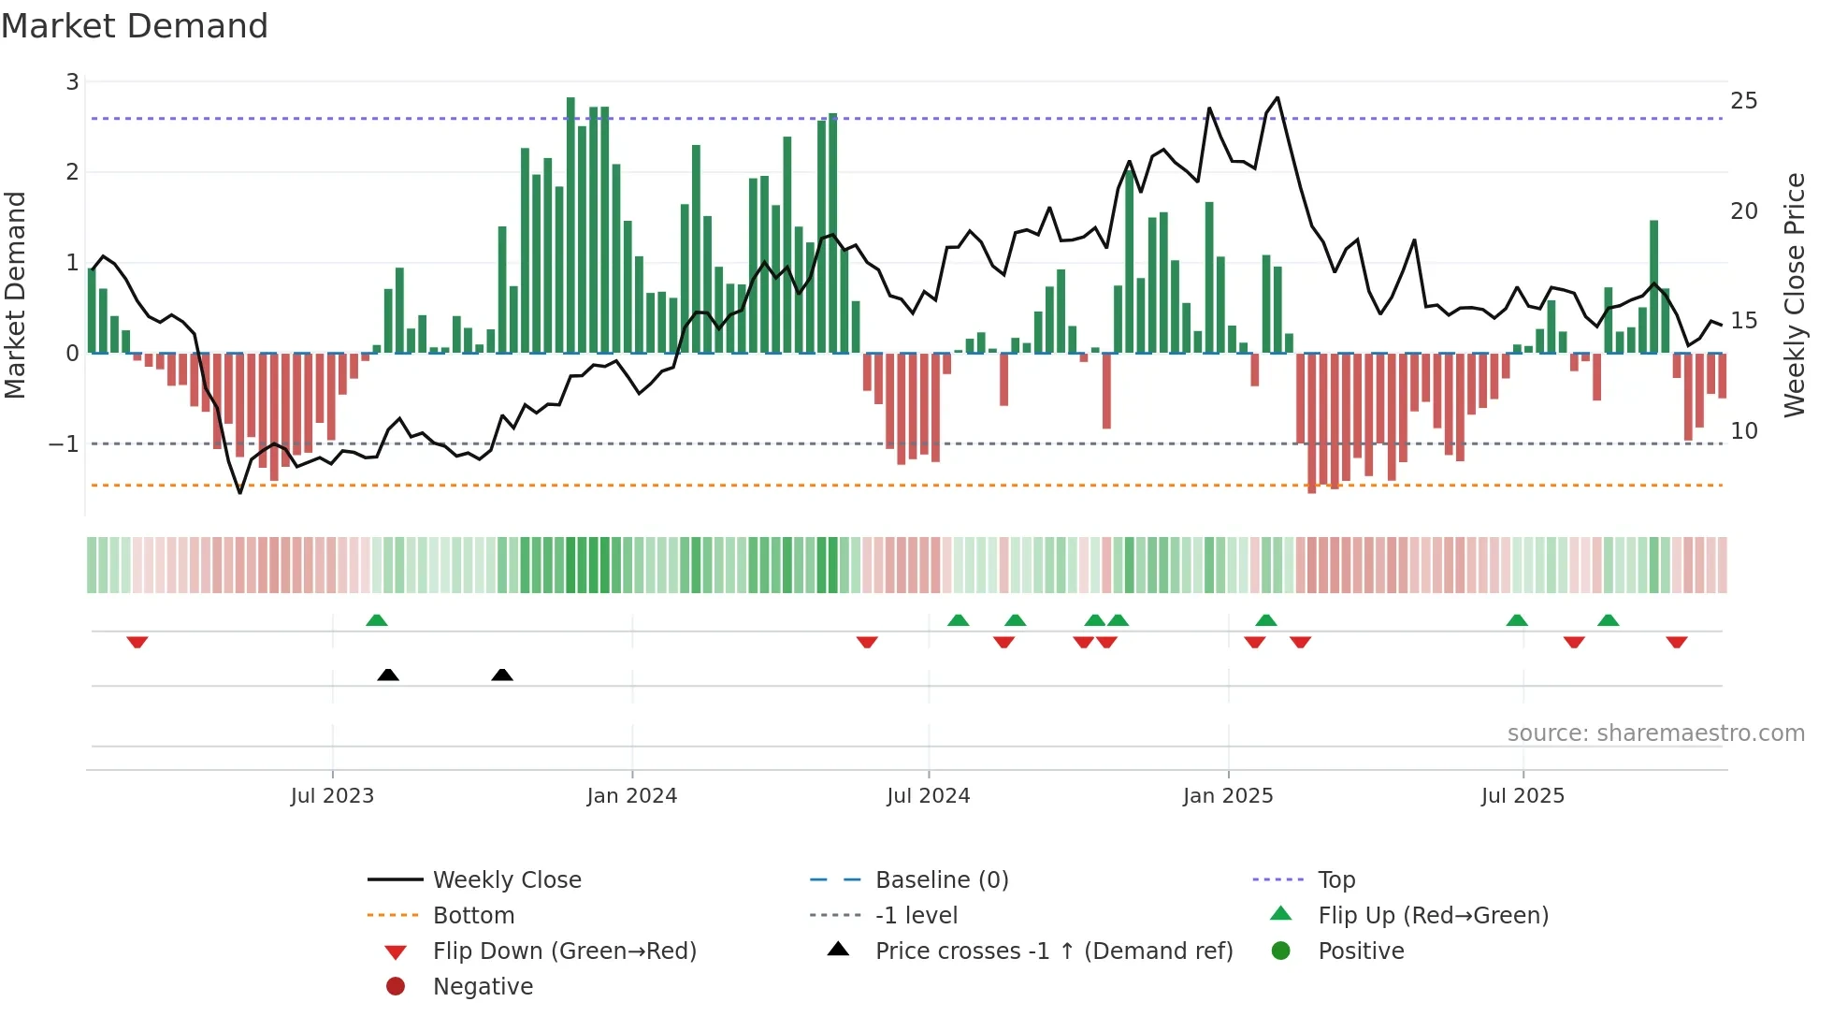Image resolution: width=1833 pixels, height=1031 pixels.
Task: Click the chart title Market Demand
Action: tap(135, 26)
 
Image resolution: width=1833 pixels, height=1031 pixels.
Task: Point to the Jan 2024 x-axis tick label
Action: tap(631, 796)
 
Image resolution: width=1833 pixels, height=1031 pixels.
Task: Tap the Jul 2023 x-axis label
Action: tap(332, 796)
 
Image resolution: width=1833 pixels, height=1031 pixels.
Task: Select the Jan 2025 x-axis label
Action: tap(1227, 796)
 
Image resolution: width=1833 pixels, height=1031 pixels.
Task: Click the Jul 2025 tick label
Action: tap(1523, 796)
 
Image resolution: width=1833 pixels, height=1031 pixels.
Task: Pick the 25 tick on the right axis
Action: tap(1743, 101)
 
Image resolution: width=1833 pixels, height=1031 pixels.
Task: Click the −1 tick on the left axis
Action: tap(64, 443)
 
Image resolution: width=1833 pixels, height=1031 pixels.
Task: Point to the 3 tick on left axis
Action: tap(72, 82)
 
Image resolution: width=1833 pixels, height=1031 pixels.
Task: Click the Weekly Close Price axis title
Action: tap(1794, 295)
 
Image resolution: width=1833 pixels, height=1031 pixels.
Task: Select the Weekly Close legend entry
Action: tap(506, 880)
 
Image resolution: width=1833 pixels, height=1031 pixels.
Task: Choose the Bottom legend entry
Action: tap(473, 916)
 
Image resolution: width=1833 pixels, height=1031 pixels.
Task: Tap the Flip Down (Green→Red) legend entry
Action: tap(564, 951)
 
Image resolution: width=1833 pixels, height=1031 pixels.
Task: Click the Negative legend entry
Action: tap(483, 987)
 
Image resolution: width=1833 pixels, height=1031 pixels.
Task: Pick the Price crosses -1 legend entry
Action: tap(1053, 951)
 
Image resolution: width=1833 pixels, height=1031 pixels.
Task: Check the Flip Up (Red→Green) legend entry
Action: tap(1433, 916)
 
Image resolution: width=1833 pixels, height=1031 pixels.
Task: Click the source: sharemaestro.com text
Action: tap(1655, 733)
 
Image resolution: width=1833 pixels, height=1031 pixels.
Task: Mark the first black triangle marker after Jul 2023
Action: tap(388, 675)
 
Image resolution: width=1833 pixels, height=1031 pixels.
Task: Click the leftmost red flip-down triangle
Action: tap(137, 642)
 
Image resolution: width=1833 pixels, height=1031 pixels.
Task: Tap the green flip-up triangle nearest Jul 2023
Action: tap(377, 620)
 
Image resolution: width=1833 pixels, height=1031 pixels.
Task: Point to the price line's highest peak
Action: tap(1277, 97)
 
